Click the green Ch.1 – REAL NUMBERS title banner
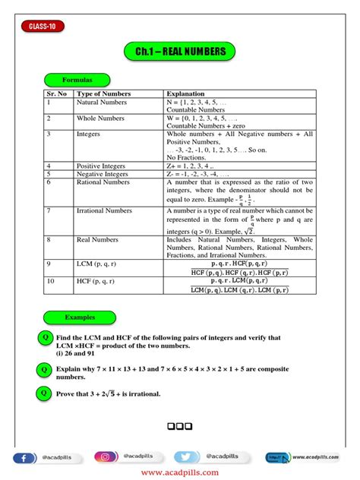coord(179,52)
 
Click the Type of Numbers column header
coord(103,93)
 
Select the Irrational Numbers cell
coord(105,210)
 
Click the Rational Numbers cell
coord(103,182)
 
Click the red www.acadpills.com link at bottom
coord(179,472)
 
